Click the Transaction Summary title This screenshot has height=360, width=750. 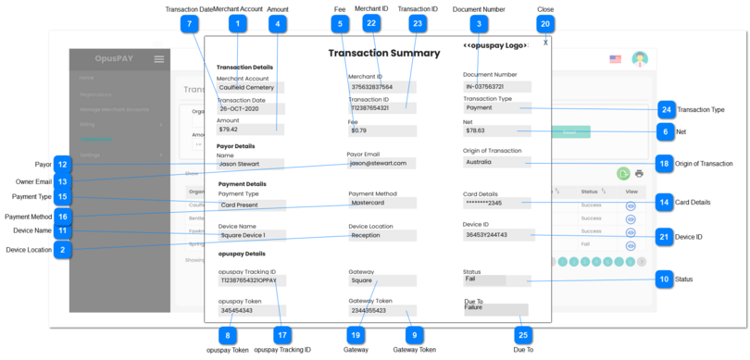click(383, 54)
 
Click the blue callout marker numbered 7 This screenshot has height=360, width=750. click(190, 23)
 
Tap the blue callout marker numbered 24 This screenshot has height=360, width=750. click(665, 109)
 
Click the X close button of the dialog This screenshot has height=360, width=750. click(545, 43)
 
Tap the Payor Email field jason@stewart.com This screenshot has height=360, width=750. click(380, 163)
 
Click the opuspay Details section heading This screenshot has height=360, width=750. click(242, 254)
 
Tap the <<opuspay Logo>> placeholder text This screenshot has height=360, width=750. click(495, 45)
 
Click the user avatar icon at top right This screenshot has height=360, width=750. click(639, 59)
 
